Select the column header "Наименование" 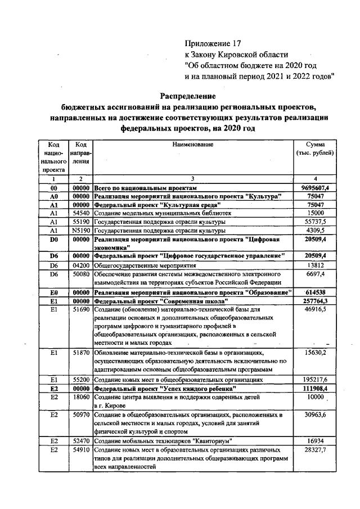(x=193, y=145)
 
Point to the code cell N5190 (x=82, y=231)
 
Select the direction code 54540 (x=82, y=214)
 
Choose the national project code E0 (x=55, y=292)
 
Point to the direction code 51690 (x=82, y=310)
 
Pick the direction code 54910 (x=82, y=450)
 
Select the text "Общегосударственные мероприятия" (x=144, y=265)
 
